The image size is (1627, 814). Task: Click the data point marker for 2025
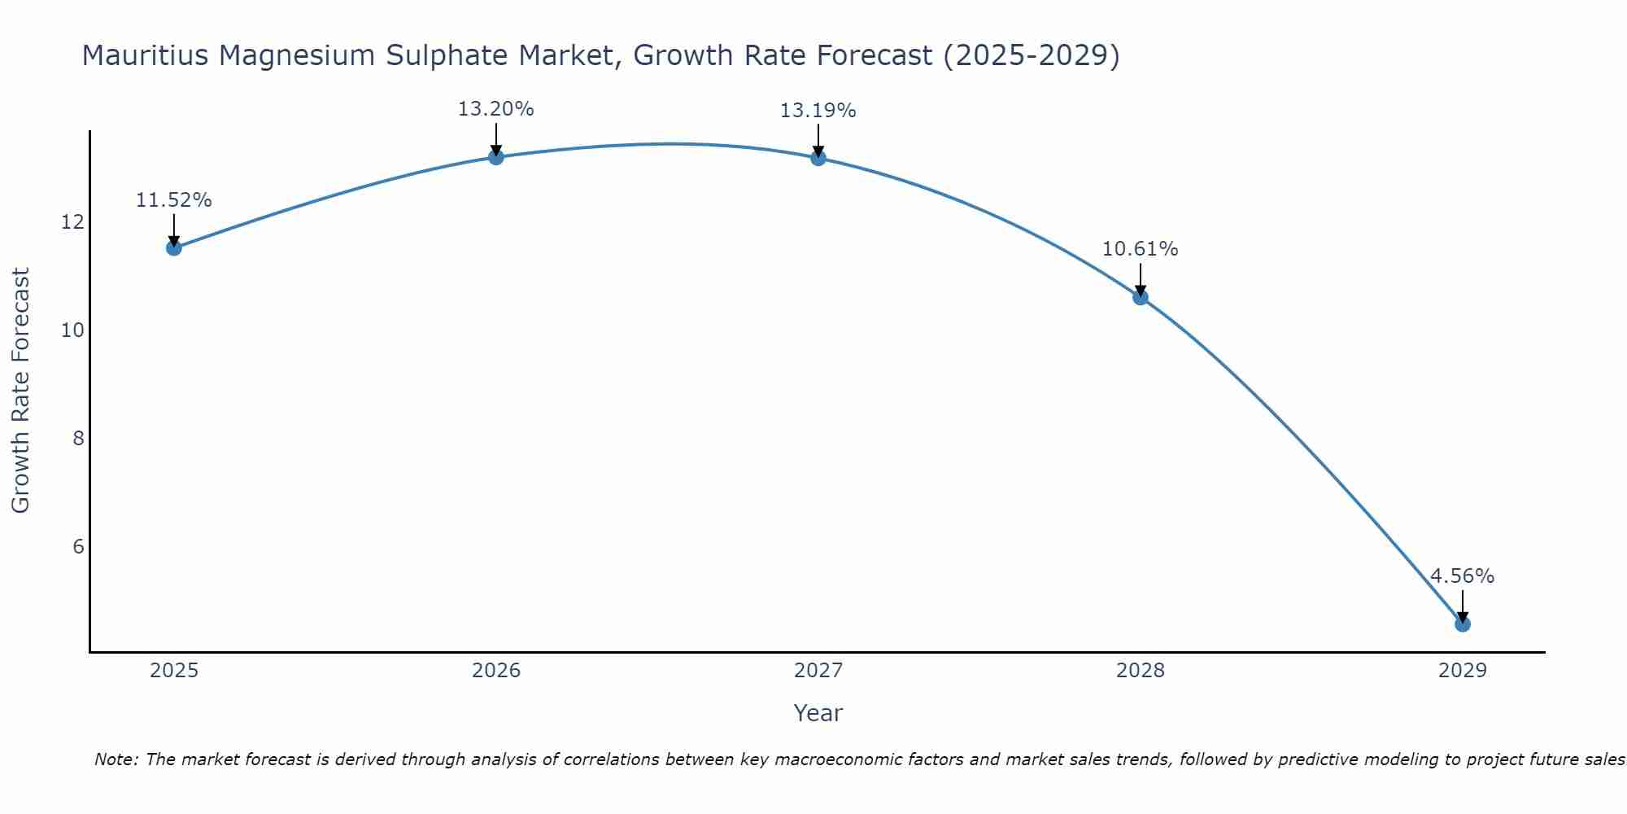173,247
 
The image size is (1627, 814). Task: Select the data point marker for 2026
495,156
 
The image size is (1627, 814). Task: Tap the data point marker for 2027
818,157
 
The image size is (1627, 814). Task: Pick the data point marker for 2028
1140,297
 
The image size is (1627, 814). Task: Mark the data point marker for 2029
1462,624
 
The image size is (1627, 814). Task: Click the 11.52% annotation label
173,200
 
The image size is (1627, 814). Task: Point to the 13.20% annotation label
495,109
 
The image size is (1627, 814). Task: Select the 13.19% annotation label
818,111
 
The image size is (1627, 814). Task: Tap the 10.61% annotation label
1140,249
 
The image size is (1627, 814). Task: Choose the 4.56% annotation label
1462,576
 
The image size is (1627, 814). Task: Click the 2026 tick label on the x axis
496,671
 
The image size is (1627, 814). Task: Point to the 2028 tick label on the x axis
1140,671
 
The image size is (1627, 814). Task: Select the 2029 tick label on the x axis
1462,671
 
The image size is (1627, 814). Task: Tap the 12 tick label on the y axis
72,222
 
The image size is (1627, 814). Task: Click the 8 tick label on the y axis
78,439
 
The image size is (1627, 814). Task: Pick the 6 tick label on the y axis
78,546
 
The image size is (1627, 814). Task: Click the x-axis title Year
818,713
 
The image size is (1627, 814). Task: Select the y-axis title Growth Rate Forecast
21,391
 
